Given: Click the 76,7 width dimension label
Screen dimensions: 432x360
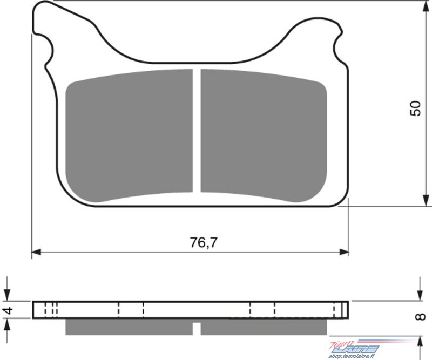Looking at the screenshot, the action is (204, 242).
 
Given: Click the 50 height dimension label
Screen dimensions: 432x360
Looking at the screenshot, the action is (416, 108).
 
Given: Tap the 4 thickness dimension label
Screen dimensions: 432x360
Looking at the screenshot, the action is (9, 310).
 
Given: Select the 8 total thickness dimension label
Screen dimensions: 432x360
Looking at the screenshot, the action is (421, 317).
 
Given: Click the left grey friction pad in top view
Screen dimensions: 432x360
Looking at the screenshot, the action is (129, 135).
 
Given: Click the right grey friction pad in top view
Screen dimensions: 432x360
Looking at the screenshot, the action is (264, 135).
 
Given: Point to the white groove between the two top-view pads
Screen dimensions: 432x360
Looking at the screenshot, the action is (197, 130).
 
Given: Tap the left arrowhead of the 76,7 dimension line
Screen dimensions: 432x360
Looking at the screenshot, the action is (36, 252).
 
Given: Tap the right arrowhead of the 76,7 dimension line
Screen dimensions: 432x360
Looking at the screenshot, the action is (344, 252).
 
